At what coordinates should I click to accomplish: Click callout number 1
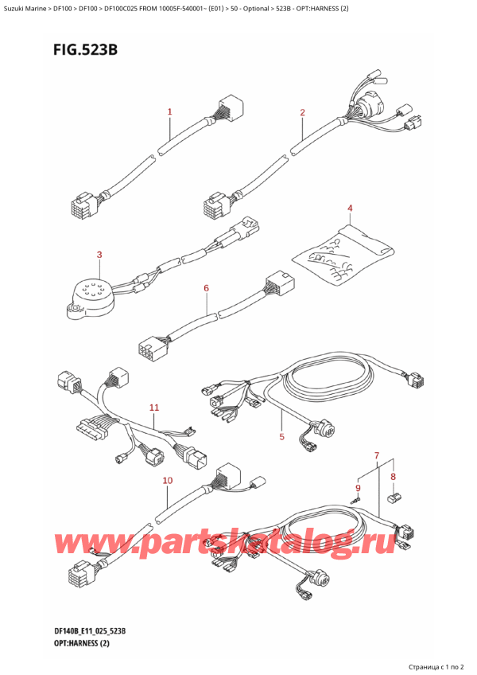point(169,112)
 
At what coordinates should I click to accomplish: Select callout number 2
point(303,112)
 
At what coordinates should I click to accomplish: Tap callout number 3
point(99,255)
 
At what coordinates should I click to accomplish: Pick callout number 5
point(281,435)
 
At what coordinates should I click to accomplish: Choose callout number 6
point(206,287)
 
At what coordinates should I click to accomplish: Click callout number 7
point(377,455)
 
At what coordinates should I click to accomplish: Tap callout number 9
point(358,487)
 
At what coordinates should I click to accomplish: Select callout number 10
point(167,481)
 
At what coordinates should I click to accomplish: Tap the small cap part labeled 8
point(392,499)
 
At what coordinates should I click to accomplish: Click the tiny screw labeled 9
point(359,501)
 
